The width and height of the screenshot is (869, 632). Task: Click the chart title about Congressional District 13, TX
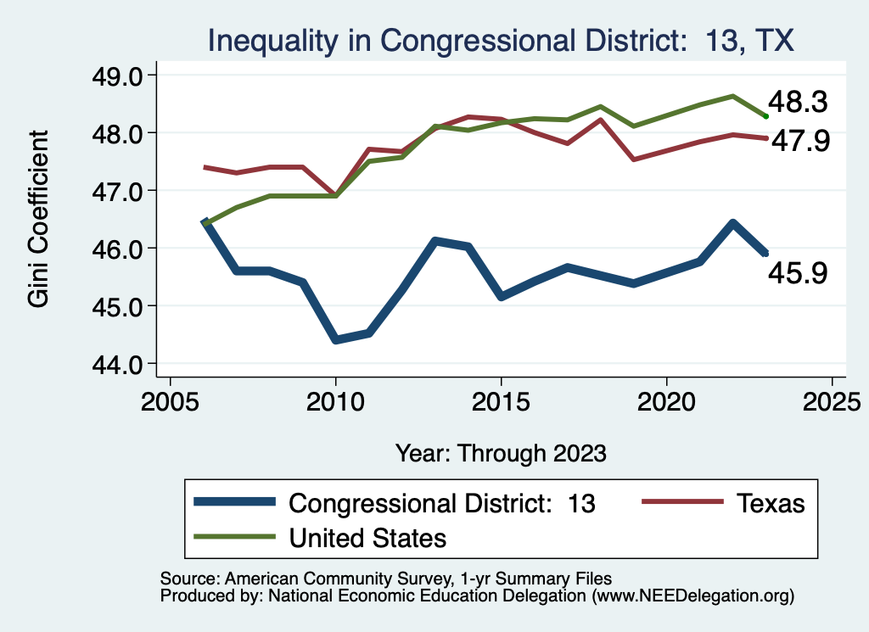click(501, 41)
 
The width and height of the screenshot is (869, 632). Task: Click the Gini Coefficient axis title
click(39, 219)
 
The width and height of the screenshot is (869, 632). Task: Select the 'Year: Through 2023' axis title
click(501, 452)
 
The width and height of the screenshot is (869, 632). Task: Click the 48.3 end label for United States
click(797, 103)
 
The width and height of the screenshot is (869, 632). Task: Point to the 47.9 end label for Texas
click(799, 141)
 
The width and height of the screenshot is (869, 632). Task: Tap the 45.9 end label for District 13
click(797, 273)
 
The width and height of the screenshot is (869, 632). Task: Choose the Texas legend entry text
click(769, 503)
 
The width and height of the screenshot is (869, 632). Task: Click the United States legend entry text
click(367, 538)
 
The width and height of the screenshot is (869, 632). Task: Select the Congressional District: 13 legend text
click(442, 503)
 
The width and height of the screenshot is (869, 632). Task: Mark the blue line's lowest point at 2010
click(336, 339)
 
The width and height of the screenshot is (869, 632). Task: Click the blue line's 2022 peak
click(732, 223)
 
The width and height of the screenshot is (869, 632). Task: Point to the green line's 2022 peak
click(732, 96)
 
